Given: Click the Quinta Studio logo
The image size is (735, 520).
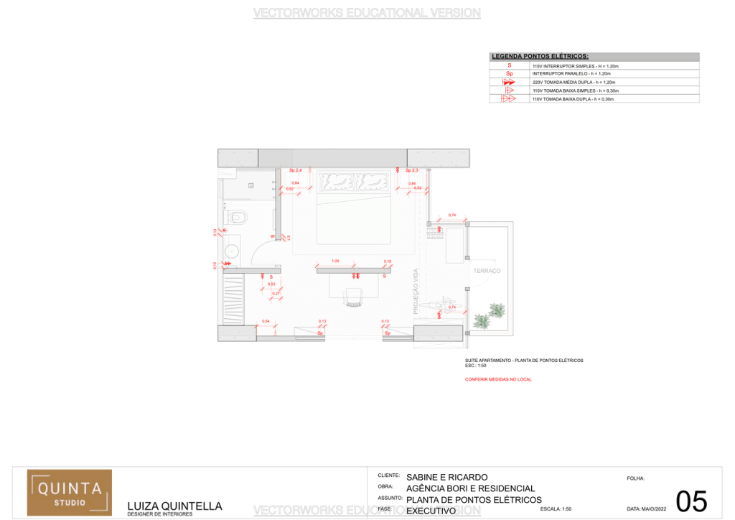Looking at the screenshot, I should (70, 492).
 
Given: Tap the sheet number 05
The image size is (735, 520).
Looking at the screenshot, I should (691, 501).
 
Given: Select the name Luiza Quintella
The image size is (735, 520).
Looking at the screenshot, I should (174, 506).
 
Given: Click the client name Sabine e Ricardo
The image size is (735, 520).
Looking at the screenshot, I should (446, 477).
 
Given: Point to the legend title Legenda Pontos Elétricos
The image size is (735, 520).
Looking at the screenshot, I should (540, 56).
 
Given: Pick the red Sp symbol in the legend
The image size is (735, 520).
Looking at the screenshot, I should (510, 74).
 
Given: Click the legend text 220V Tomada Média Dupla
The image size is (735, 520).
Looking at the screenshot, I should (574, 83).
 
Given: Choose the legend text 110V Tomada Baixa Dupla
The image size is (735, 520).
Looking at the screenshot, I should (573, 99).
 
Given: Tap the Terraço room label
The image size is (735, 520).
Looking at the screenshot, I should (487, 271).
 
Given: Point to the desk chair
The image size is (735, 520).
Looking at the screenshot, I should (352, 297).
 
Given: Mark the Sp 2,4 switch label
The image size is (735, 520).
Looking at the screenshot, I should (295, 170).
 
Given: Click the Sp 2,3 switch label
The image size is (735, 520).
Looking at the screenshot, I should (411, 170).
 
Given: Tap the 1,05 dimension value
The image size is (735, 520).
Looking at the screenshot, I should (335, 261).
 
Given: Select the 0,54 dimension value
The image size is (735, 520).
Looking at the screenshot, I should (266, 320).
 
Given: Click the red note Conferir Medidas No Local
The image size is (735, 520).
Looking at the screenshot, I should (498, 379).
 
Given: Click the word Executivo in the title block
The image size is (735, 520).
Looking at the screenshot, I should (431, 511).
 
